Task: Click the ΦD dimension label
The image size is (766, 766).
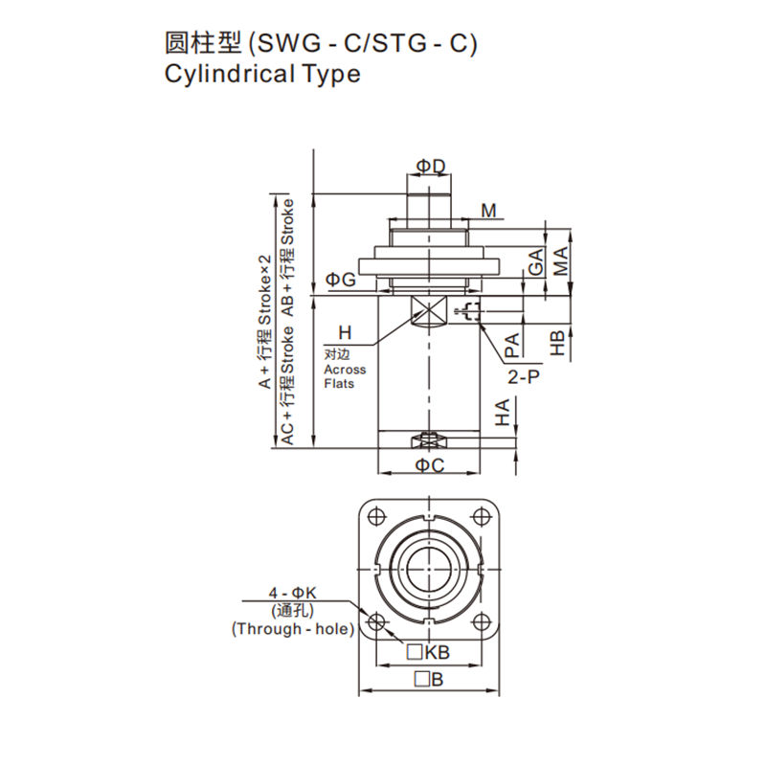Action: pyautogui.click(x=431, y=167)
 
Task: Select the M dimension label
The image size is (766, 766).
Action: pyautogui.click(x=488, y=211)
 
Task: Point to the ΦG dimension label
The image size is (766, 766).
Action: pyautogui.click(x=341, y=280)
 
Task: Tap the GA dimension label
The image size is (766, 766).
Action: pyautogui.click(x=536, y=261)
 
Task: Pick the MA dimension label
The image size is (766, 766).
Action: pyautogui.click(x=561, y=260)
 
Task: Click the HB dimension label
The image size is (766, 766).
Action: pyautogui.click(x=557, y=343)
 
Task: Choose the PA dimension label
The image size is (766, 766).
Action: pyautogui.click(x=512, y=346)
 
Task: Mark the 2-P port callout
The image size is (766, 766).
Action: pyautogui.click(x=524, y=377)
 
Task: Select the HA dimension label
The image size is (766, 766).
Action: pyautogui.click(x=502, y=412)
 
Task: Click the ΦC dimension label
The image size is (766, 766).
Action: pyautogui.click(x=430, y=465)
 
